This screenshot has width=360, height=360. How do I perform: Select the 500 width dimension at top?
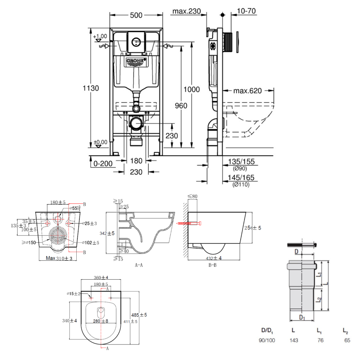pyautogui.click(x=136, y=15)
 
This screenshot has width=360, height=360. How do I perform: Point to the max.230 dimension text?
pyautogui.click(x=186, y=11)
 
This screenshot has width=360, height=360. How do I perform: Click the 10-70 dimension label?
pyautogui.click(x=247, y=11)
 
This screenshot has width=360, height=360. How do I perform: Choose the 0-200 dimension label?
pyautogui.click(x=103, y=164)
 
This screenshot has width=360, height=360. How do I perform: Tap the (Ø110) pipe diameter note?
pyautogui.click(x=241, y=185)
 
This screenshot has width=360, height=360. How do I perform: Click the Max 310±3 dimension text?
pyautogui.click(x=60, y=258)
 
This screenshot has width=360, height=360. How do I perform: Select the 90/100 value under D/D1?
pyautogui.click(x=267, y=340)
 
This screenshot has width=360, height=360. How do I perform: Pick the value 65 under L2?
pyautogui.click(x=346, y=340)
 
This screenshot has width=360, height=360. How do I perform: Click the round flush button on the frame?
pyautogui.click(x=136, y=42)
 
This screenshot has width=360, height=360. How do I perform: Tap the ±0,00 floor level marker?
pyautogui.click(x=100, y=142)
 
